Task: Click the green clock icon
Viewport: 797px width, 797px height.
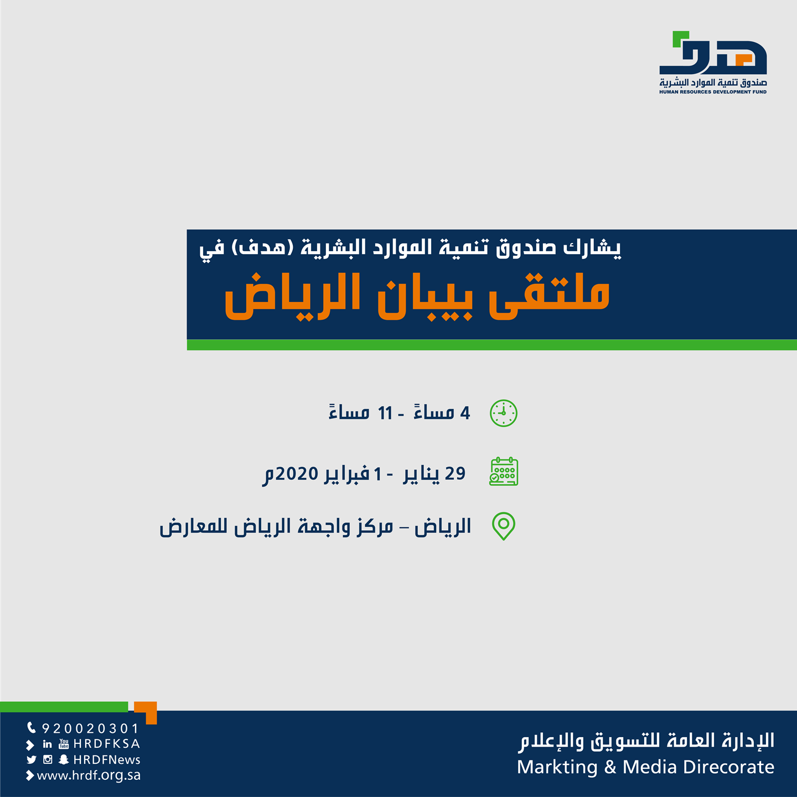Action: click(x=503, y=413)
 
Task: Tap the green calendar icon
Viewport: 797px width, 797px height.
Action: click(x=503, y=471)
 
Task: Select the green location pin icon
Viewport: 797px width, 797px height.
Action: click(x=503, y=526)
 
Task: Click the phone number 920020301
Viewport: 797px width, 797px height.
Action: click(x=90, y=728)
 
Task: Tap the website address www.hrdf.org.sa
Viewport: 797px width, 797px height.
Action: click(x=89, y=775)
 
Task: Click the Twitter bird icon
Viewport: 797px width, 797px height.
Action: click(x=32, y=759)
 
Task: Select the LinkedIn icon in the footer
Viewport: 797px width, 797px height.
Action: click(x=48, y=744)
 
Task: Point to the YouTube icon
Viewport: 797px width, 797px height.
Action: click(x=64, y=744)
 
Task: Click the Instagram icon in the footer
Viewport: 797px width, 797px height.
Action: click(x=48, y=759)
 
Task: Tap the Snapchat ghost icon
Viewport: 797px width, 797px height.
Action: click(x=63, y=759)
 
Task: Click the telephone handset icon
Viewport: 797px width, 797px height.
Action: click(x=32, y=727)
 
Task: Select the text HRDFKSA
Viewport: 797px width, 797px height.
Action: click(x=107, y=744)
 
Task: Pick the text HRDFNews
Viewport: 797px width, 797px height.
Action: click(x=107, y=760)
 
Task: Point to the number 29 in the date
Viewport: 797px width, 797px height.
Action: click(x=455, y=473)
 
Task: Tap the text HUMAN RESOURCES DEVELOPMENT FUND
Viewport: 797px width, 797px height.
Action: click(x=713, y=92)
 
